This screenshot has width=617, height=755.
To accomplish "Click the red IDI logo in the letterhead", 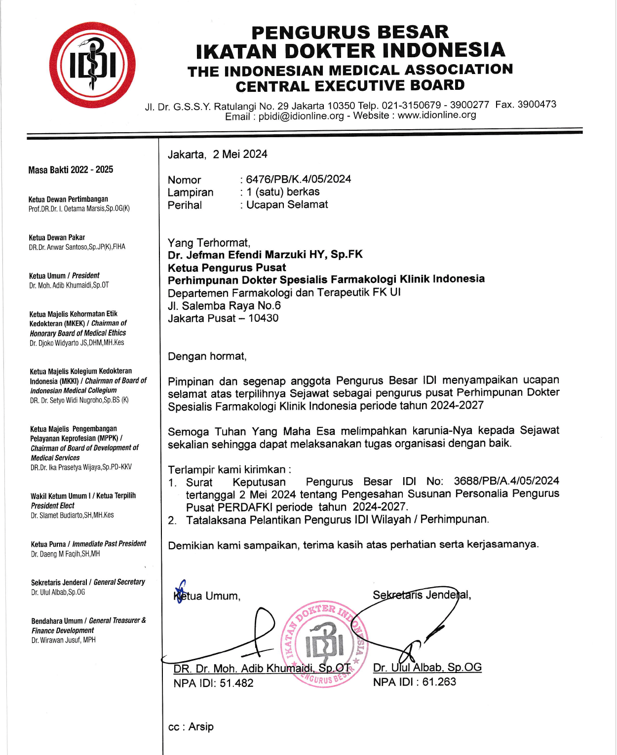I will (92, 65).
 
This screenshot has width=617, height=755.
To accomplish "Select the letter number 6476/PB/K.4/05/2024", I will (298, 179).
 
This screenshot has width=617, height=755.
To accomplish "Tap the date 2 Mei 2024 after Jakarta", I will (240, 154).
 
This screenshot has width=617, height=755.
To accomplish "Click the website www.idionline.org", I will (437, 115).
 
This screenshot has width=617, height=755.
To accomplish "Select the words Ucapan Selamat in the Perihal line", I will (287, 205).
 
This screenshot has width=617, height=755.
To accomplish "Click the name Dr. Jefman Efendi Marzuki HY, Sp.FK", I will (265, 255).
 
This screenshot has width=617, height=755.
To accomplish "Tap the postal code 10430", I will (263, 318).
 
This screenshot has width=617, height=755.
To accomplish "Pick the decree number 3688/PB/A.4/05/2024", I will (506, 481).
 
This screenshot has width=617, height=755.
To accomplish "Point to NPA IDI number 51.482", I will (236, 683).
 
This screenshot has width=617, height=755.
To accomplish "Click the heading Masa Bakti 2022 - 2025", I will (71, 170).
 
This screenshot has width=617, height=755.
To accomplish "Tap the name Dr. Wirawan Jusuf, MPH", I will (64, 640).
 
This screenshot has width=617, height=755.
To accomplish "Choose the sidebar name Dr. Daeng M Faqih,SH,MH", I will (65, 554).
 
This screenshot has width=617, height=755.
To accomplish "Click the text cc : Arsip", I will (191, 727).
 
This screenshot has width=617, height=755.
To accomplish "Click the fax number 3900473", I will (537, 105).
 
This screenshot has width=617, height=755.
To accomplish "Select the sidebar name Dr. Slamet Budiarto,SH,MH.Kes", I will (72, 515).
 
